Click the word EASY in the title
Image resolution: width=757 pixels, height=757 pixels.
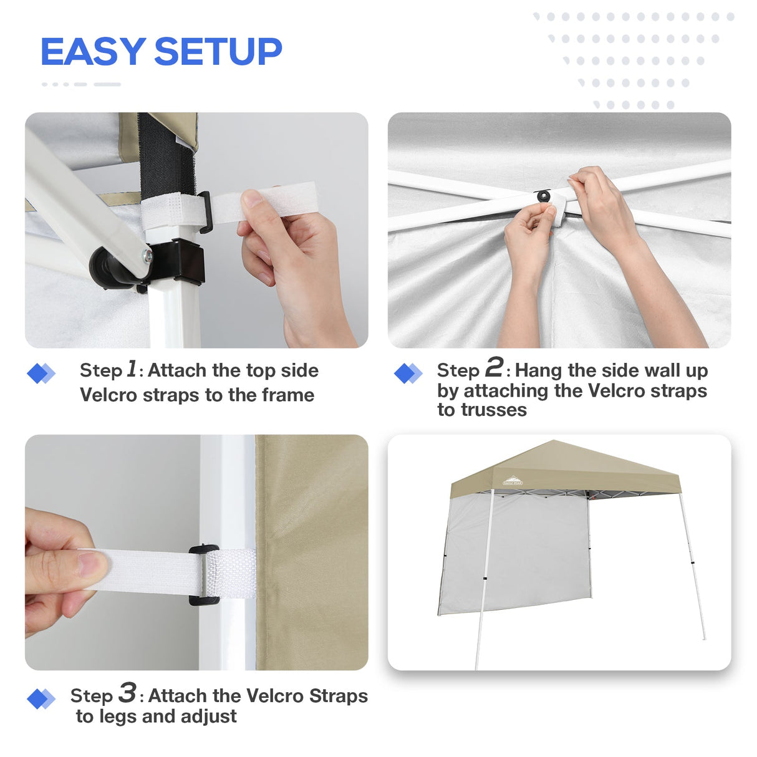(93, 52)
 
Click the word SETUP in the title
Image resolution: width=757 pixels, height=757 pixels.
(218, 52)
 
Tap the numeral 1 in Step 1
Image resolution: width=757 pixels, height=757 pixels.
(132, 369)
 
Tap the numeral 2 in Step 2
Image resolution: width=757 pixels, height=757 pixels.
(494, 367)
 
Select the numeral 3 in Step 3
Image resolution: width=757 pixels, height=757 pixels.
(127, 693)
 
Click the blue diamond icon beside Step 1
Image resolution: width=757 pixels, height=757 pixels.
(41, 374)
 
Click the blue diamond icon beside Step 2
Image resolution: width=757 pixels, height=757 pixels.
(408, 374)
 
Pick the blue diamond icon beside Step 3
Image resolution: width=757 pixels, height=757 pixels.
(41, 699)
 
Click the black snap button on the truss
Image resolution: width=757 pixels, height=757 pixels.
(544, 196)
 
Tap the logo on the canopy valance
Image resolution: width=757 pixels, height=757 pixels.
(513, 481)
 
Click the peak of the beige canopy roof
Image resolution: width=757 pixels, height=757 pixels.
(552, 442)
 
